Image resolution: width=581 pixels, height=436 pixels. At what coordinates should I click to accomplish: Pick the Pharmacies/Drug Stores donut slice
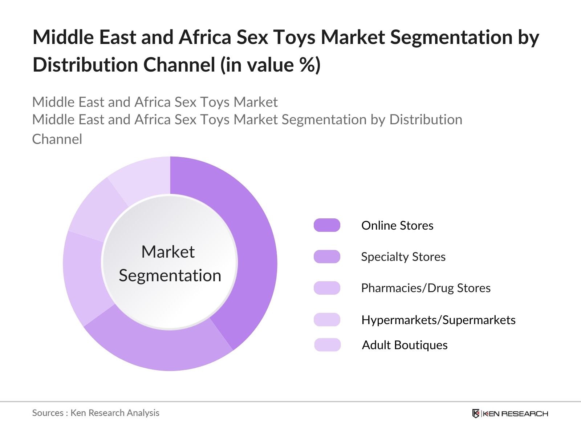click(x=85, y=278)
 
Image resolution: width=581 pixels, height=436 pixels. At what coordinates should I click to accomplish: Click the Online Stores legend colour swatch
click(x=327, y=225)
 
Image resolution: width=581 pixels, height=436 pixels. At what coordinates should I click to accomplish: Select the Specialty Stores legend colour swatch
click(x=327, y=257)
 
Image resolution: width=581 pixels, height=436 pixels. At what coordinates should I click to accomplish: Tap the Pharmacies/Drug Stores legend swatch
click(x=327, y=288)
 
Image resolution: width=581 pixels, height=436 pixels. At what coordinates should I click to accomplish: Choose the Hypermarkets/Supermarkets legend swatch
click(x=327, y=319)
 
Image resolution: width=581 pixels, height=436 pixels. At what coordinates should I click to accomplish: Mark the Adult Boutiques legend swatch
click(x=328, y=345)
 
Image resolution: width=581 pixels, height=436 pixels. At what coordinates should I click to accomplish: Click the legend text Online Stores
click(x=397, y=226)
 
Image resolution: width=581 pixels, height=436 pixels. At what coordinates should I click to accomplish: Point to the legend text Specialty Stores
click(x=403, y=257)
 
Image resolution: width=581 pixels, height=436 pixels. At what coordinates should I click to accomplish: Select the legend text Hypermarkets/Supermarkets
click(x=439, y=320)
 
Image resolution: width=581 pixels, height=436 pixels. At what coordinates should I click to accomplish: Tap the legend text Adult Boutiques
click(x=405, y=345)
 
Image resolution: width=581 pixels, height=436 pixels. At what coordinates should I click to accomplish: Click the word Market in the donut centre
click(x=168, y=251)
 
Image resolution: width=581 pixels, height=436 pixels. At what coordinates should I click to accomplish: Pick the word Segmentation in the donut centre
click(x=170, y=276)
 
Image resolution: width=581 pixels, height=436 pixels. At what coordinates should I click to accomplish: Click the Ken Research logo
click(x=510, y=413)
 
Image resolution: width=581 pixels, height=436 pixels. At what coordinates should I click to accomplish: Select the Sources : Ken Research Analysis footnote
click(x=96, y=413)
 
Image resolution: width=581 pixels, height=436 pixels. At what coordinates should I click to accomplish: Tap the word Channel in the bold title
click(x=179, y=65)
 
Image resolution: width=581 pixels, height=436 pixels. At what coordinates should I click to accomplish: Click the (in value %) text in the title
click(x=271, y=65)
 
